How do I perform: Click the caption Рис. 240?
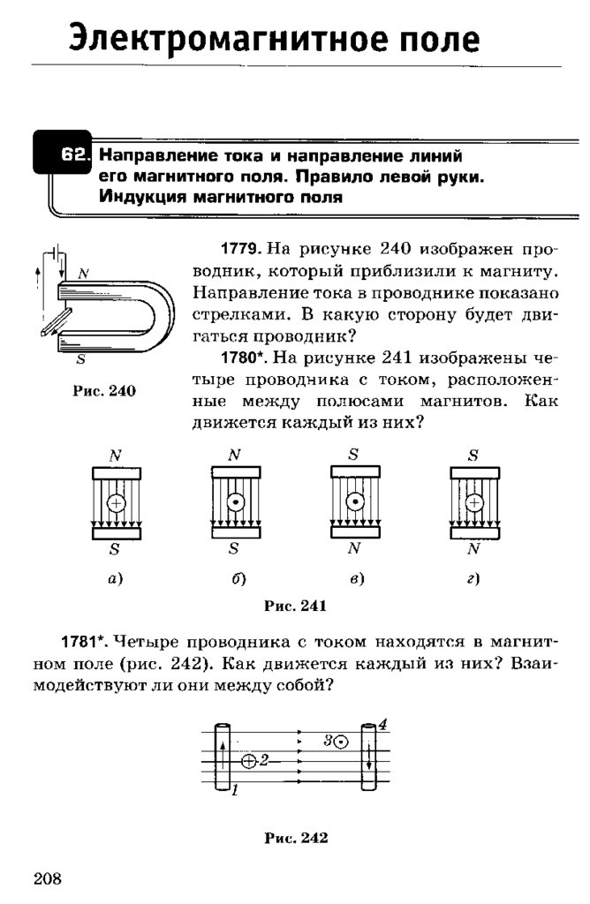(x=98, y=391)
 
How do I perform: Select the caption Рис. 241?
(x=296, y=606)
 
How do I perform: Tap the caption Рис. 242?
(x=296, y=839)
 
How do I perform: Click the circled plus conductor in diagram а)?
(x=116, y=502)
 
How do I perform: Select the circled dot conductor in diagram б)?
(x=234, y=502)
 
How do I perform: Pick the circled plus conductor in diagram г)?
(x=473, y=502)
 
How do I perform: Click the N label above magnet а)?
(x=116, y=456)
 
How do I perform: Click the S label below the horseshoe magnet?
(x=80, y=359)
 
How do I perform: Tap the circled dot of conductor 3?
(x=341, y=742)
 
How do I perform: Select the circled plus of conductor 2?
(x=248, y=760)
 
